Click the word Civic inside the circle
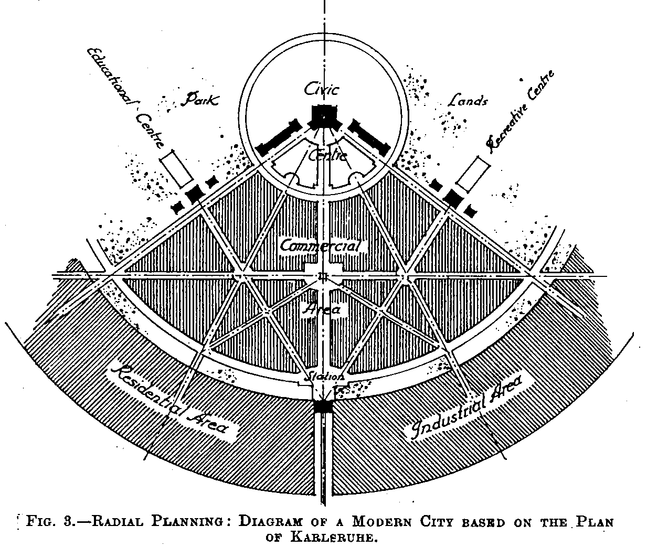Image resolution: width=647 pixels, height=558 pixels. (322, 89)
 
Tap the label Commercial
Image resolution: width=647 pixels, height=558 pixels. (321, 245)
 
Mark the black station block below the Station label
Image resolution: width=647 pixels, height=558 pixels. (323, 407)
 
